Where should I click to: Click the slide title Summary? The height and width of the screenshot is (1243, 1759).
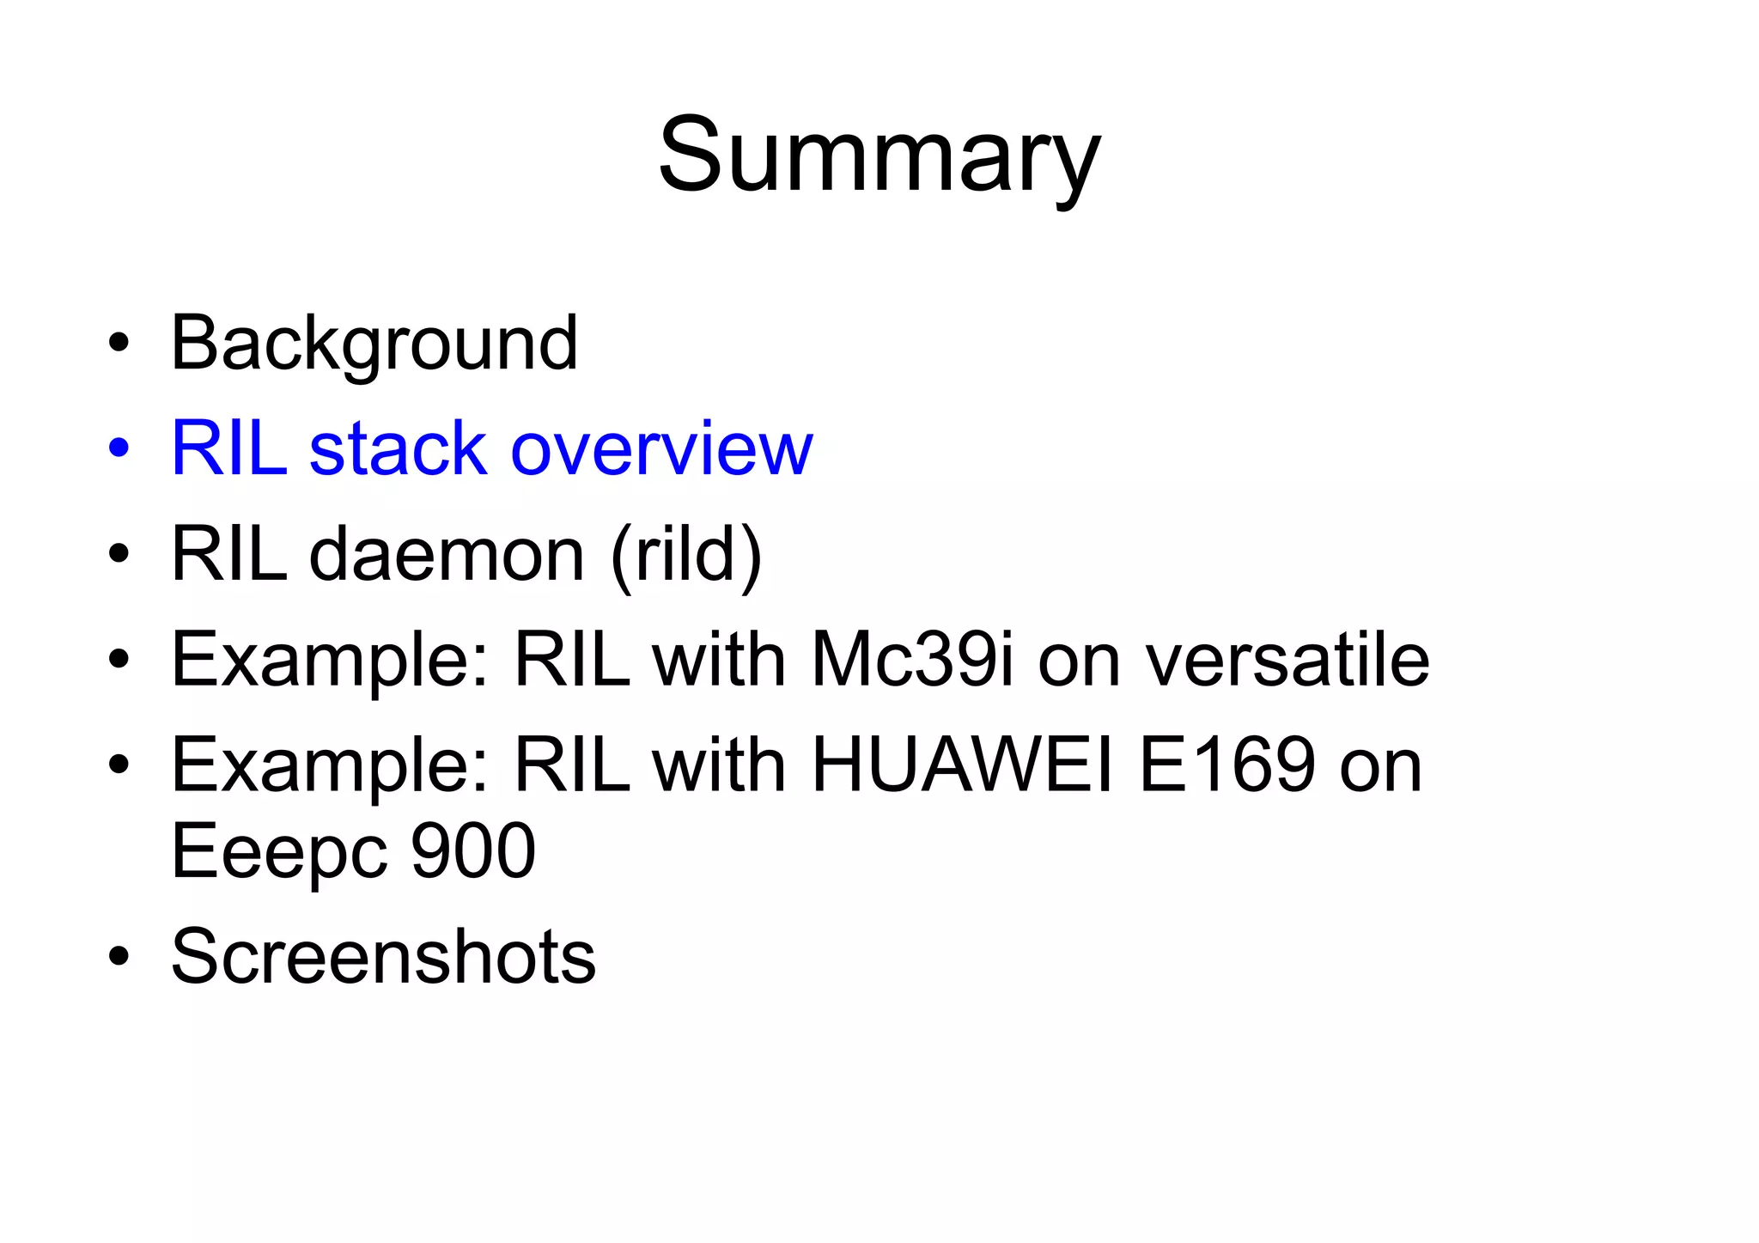click(879, 157)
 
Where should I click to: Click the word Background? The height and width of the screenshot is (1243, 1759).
click(374, 344)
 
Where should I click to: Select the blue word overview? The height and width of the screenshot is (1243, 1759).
click(661, 448)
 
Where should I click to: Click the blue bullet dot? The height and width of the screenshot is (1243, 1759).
click(119, 448)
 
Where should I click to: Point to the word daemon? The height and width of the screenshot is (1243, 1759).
click(447, 555)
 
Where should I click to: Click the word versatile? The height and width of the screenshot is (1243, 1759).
click(1288, 660)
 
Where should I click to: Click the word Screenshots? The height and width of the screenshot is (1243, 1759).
click(383, 956)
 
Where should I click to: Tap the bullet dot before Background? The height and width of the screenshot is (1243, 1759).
click(119, 344)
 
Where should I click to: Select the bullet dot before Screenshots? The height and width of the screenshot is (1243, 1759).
click(119, 956)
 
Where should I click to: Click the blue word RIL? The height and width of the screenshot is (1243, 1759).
click(228, 448)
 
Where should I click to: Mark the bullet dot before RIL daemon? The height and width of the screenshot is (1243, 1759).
click(119, 555)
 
